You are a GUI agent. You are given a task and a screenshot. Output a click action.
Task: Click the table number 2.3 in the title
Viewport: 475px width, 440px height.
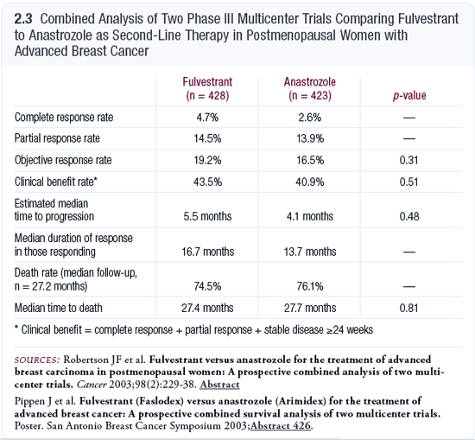(23, 19)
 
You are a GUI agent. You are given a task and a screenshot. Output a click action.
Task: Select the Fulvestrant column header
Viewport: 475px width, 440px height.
(207, 88)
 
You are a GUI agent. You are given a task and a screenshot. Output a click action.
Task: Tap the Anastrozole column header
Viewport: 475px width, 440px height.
(309, 88)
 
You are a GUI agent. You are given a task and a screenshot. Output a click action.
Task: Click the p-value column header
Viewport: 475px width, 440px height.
(409, 96)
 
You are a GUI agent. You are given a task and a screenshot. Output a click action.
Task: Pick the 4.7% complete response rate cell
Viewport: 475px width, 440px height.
(207, 118)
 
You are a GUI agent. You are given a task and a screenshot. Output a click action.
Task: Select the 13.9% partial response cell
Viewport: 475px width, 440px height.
(310, 138)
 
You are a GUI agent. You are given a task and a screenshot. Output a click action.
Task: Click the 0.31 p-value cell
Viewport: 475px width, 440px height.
(409, 160)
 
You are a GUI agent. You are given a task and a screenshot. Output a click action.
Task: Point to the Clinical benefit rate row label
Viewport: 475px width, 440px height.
(56, 182)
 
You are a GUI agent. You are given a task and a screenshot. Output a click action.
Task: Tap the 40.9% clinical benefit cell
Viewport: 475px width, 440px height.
(310, 182)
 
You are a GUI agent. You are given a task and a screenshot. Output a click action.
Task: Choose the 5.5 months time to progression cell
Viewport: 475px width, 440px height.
(207, 216)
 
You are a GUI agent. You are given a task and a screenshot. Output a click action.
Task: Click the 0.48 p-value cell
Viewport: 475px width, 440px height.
(409, 216)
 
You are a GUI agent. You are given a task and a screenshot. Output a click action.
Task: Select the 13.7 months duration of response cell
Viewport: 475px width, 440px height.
(310, 252)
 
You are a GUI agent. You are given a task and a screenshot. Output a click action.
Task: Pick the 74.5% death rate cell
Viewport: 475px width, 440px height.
(207, 286)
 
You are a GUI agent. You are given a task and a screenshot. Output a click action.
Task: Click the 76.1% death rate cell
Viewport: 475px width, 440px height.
(310, 286)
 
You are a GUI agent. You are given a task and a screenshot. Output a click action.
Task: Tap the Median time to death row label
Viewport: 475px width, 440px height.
(59, 308)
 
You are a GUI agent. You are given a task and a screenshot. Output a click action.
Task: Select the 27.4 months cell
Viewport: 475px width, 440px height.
(207, 308)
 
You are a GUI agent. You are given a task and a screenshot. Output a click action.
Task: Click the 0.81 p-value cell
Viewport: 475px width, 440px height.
(409, 308)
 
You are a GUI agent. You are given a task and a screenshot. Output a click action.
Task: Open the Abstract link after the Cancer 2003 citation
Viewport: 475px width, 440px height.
(219, 385)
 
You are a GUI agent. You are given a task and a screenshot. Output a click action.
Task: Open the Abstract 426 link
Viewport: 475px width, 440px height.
(281, 426)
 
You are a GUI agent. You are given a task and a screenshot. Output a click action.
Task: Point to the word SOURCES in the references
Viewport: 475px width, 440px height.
(37, 360)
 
